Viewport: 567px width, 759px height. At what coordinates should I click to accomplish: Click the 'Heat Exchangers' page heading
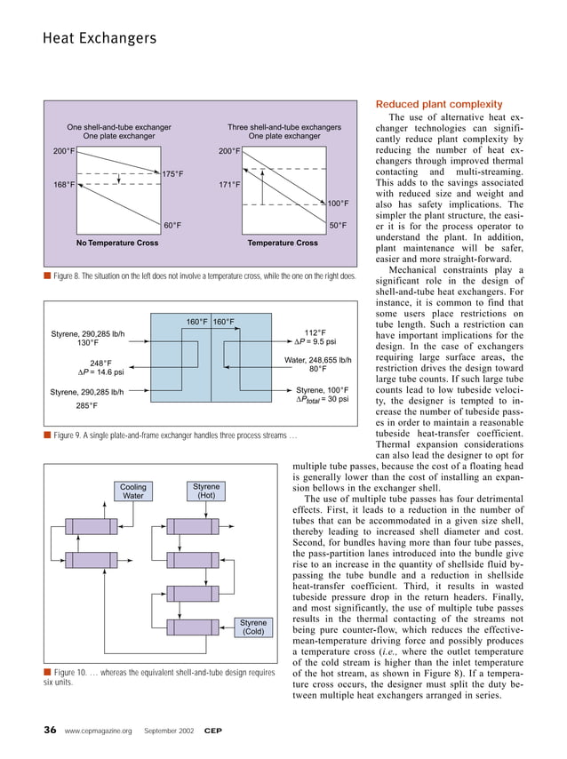[x=99, y=38]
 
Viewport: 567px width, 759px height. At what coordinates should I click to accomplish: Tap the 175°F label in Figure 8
[x=172, y=174]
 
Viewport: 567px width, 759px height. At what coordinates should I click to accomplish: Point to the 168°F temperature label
[x=63, y=186]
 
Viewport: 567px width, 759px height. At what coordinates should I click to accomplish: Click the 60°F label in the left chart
[x=172, y=226]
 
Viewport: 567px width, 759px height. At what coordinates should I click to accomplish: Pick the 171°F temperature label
[x=230, y=186]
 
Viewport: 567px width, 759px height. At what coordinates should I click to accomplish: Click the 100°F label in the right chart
[x=337, y=204]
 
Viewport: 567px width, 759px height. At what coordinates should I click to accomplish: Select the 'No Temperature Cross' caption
[x=117, y=243]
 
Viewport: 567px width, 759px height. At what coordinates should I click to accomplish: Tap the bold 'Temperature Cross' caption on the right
[x=283, y=243]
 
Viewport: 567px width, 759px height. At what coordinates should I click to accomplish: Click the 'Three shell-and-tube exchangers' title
[x=284, y=128]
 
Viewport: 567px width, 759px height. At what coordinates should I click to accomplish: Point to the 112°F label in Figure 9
[x=315, y=332]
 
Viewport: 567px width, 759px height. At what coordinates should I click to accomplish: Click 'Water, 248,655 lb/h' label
[x=318, y=360]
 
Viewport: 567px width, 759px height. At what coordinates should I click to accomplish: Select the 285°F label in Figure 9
[x=87, y=406]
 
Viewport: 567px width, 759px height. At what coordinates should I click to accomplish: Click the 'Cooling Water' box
[x=132, y=491]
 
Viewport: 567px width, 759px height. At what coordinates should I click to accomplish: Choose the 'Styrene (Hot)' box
[x=206, y=491]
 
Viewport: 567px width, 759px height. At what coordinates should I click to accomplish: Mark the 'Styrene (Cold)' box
[x=253, y=627]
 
